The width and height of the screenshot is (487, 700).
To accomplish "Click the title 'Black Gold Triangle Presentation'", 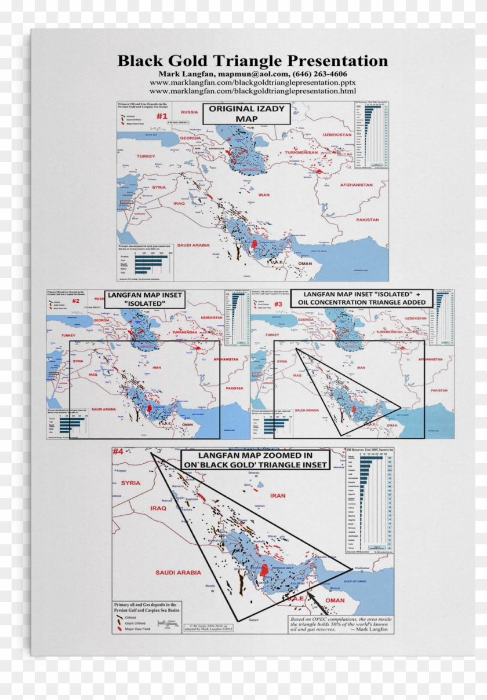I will pyautogui.click(x=252, y=61).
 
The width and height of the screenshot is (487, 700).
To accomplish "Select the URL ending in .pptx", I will pyautogui.click(x=252, y=83).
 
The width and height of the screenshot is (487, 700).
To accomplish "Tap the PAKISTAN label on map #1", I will pyautogui.click(x=367, y=220).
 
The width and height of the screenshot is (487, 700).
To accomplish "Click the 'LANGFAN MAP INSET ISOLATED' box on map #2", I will pyautogui.click(x=144, y=299).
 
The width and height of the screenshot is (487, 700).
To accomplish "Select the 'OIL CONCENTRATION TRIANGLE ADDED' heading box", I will pyautogui.click(x=362, y=298).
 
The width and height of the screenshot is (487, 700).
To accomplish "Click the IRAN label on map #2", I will pyautogui.click(x=156, y=367).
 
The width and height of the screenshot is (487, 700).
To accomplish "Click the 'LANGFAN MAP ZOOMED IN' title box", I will pyautogui.click(x=255, y=460).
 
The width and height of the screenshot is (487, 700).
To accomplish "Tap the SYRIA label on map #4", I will pyautogui.click(x=131, y=482).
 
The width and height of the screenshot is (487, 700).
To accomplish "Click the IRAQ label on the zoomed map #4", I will pyautogui.click(x=158, y=508).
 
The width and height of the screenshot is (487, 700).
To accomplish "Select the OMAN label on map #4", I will pyautogui.click(x=335, y=600).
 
